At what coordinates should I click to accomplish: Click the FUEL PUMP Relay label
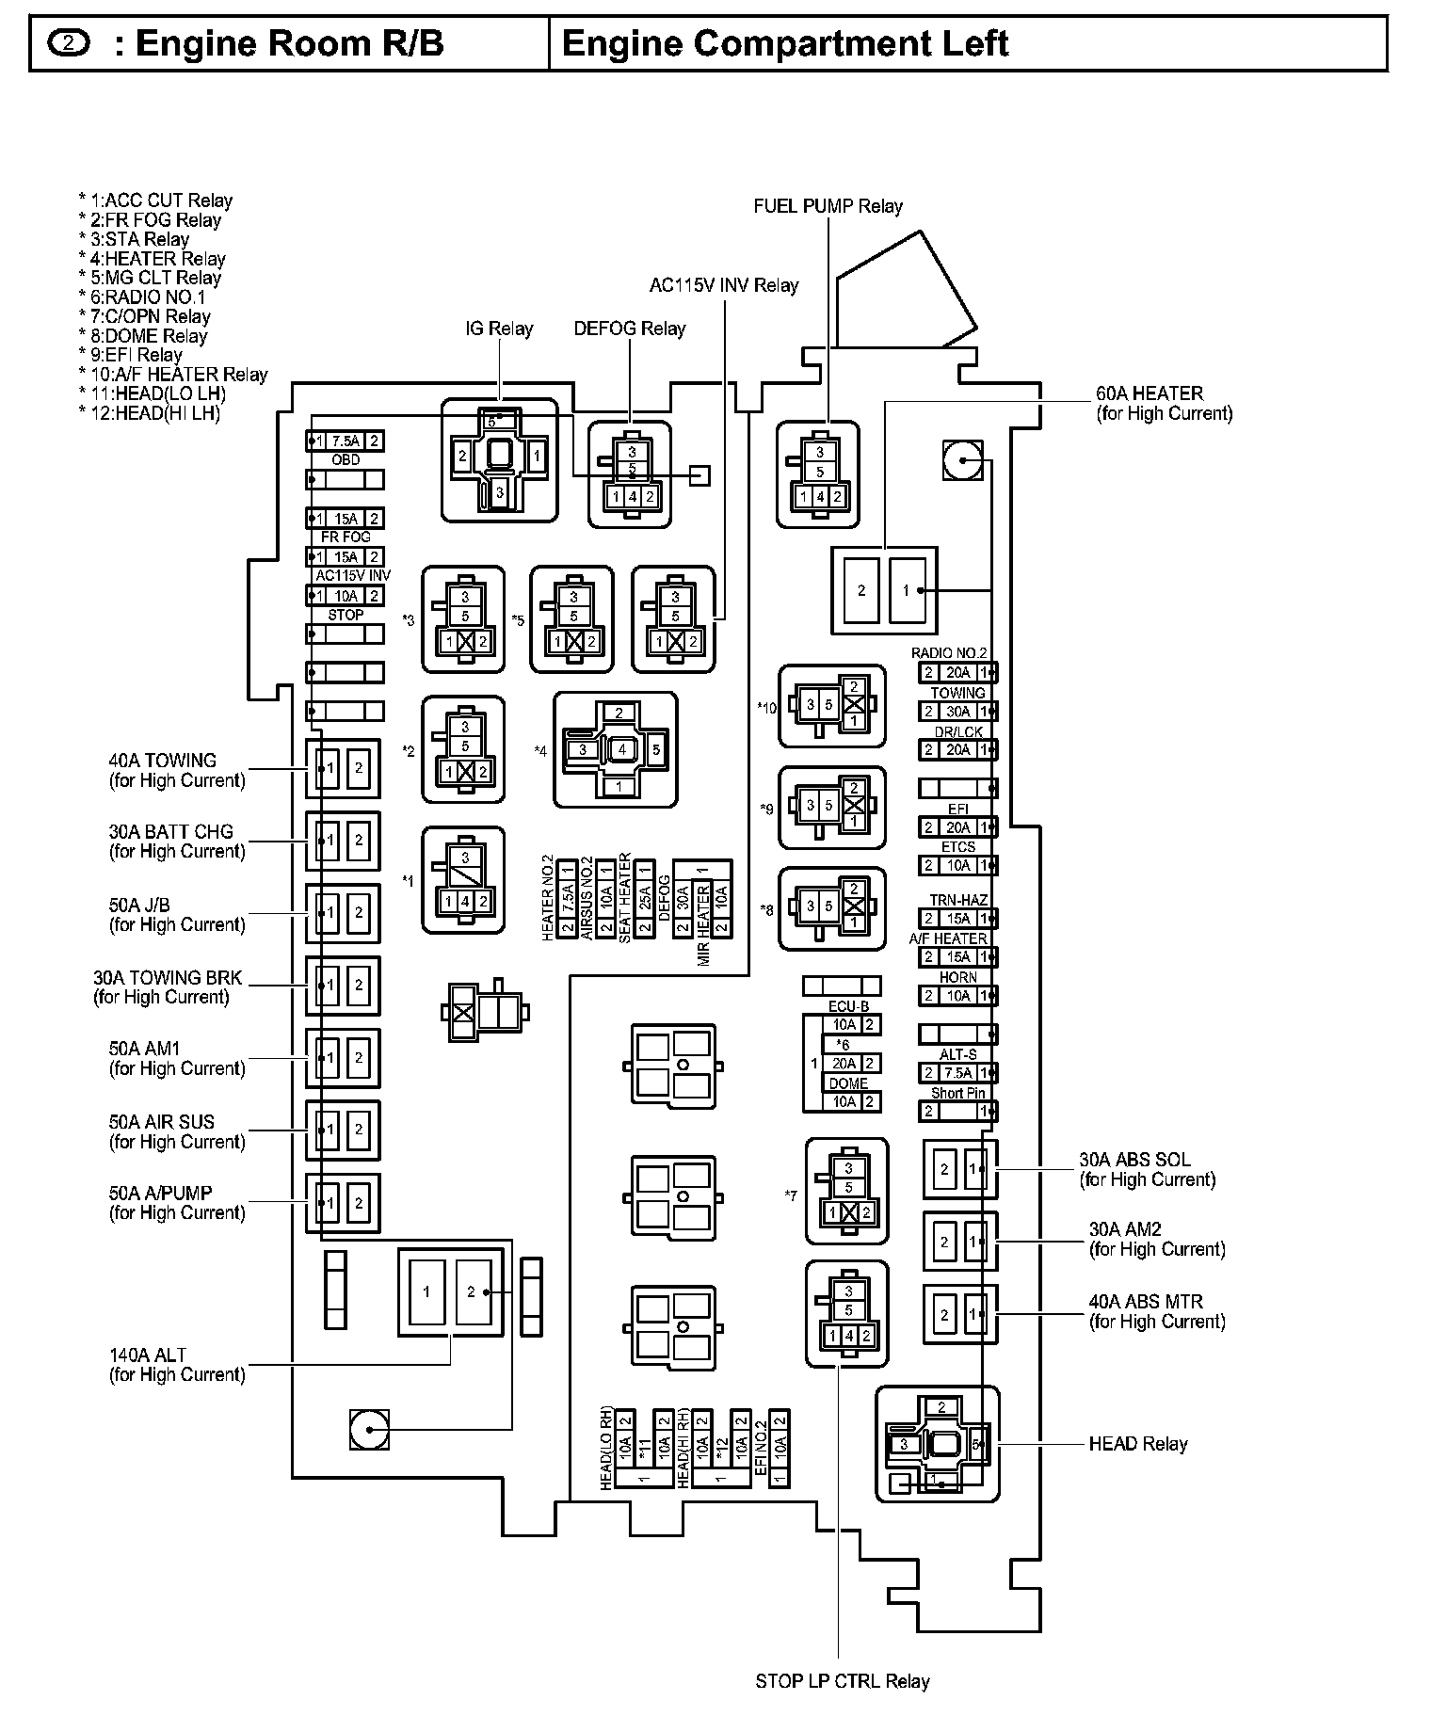coord(828,206)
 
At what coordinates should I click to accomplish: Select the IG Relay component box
coord(500,459)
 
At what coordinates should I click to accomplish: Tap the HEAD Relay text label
coord(1137,1444)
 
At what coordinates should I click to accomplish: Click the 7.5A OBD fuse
coord(346,441)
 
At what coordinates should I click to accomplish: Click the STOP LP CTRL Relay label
coord(842,1681)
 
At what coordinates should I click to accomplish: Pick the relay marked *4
coord(616,749)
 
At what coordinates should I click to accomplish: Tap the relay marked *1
coord(463,880)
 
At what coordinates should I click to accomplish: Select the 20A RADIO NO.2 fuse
coord(957,672)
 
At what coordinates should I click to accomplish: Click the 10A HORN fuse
coord(957,996)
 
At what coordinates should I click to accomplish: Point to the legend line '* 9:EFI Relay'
coord(131,355)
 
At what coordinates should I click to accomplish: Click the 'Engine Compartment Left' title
coord(784,43)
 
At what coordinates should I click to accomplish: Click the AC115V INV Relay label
coord(723,285)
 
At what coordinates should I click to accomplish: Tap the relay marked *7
coord(847,1191)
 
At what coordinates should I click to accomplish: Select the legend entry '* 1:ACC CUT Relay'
coord(155,200)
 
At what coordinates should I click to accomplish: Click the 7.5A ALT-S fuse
coord(957,1073)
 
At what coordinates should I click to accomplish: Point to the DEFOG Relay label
coord(629,329)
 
